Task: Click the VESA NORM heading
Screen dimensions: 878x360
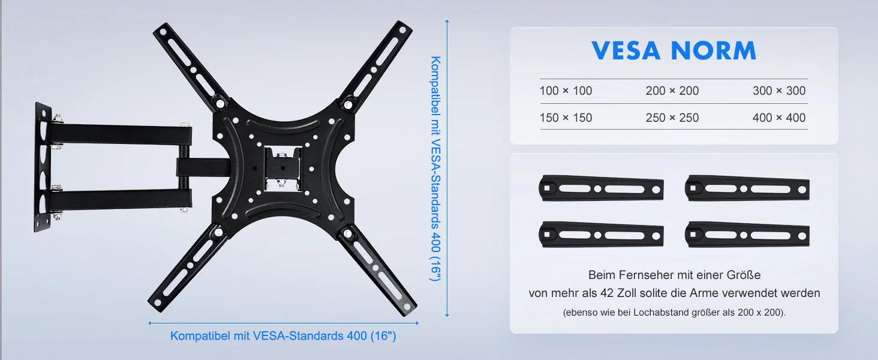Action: point(673,50)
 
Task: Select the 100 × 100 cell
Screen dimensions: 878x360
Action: point(566,91)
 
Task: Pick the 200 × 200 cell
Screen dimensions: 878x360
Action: point(672,91)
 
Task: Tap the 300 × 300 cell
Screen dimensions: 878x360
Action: point(779,91)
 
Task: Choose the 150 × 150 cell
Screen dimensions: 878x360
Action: point(566,118)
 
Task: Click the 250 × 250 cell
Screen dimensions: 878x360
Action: point(672,118)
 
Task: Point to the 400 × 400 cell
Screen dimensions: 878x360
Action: point(779,118)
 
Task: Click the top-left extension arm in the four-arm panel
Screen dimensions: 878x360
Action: point(601,188)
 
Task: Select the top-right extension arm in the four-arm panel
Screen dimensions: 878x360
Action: point(747,188)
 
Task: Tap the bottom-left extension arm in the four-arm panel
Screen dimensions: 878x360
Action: point(601,235)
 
